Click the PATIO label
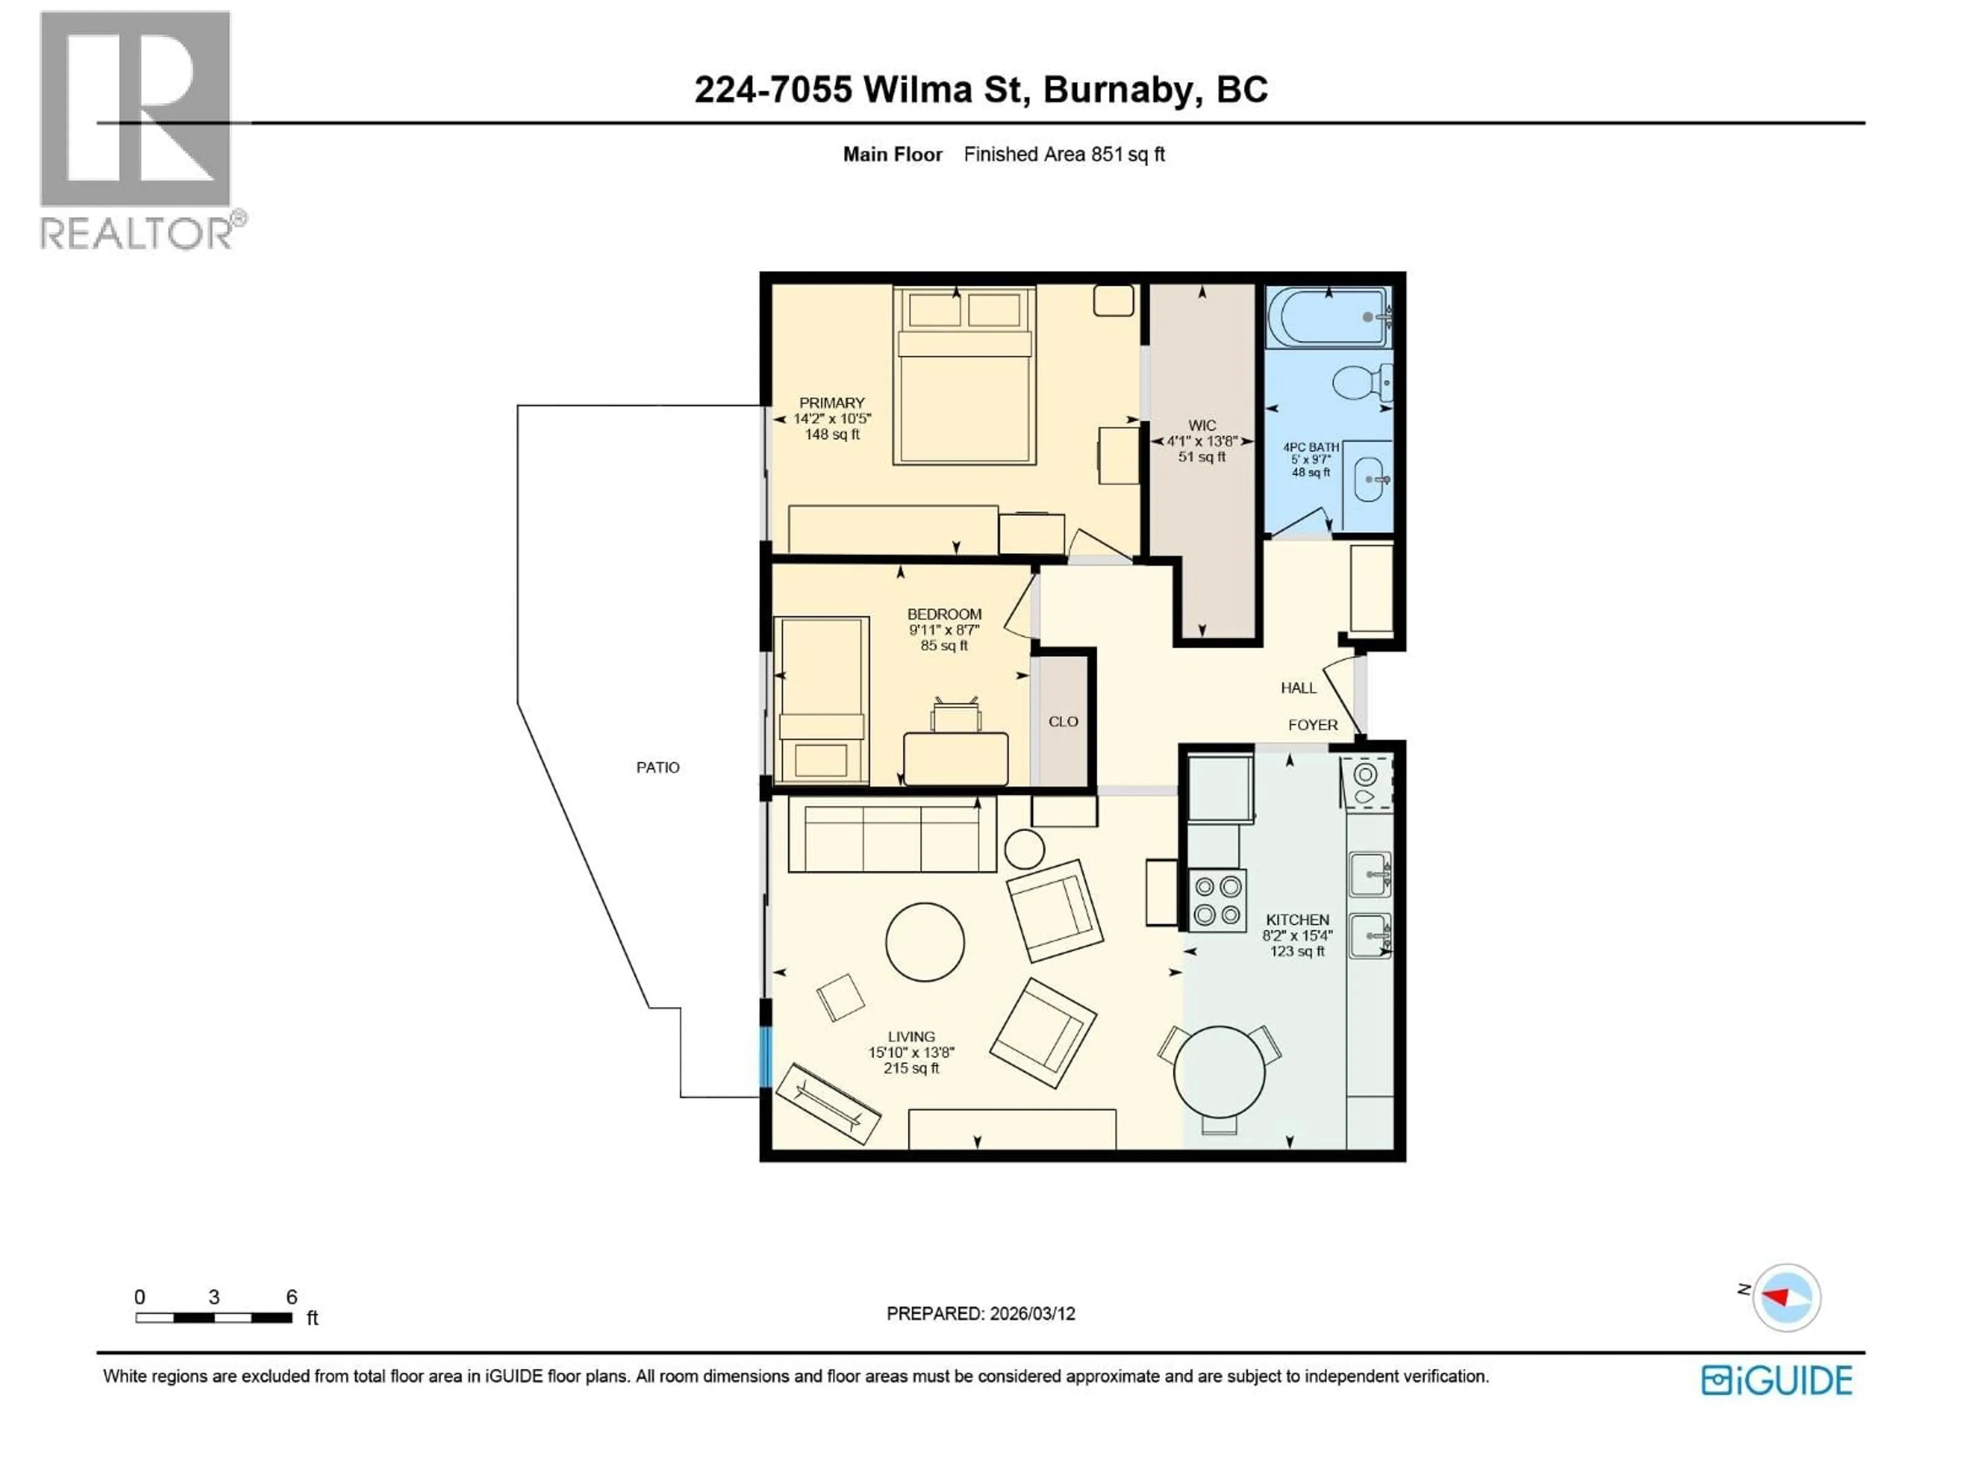tap(657, 768)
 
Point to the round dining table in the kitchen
tap(1219, 1072)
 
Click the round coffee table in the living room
tap(925, 942)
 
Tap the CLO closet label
tap(1063, 721)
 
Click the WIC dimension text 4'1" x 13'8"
tap(1202, 441)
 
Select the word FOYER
tap(1313, 725)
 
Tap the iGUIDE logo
tap(1776, 1381)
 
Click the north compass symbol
tap(1786, 1297)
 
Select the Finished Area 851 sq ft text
tap(1063, 154)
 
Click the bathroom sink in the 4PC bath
tap(1370, 480)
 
